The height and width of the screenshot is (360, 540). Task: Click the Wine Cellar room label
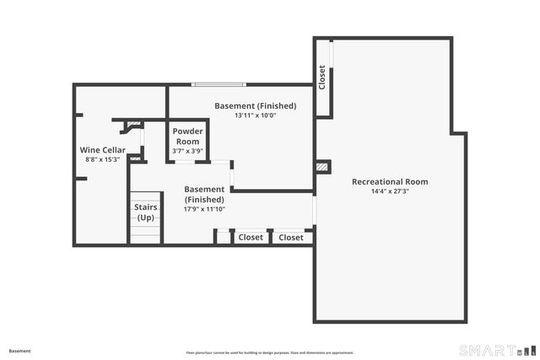click(102, 150)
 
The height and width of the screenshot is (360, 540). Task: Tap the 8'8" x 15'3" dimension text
click(102, 159)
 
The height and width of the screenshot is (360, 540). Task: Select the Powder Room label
click(186, 137)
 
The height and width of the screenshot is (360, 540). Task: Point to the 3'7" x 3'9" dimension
click(186, 151)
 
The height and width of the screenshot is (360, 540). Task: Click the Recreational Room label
click(389, 181)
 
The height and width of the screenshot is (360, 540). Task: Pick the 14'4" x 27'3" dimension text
click(389, 191)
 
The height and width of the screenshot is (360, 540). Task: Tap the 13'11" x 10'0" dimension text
click(255, 116)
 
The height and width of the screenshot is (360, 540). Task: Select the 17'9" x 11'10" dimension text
click(204, 208)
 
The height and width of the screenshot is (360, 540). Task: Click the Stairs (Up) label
click(145, 212)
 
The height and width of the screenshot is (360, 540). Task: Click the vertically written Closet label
click(322, 78)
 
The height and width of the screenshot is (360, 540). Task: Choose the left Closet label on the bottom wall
click(251, 238)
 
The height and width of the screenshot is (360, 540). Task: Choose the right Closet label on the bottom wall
click(291, 238)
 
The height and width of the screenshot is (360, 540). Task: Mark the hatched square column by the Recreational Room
click(321, 167)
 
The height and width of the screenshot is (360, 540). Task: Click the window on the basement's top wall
click(219, 83)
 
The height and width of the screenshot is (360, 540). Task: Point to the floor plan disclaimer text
click(270, 352)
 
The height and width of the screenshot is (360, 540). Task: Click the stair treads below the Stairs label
click(144, 234)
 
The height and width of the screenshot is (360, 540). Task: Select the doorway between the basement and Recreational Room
click(314, 210)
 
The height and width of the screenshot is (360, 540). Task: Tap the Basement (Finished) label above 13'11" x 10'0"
click(255, 105)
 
